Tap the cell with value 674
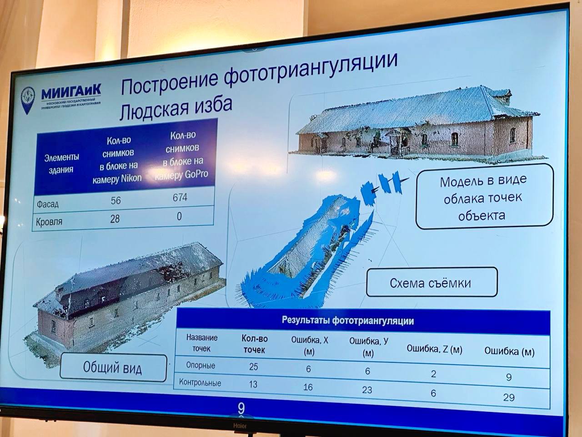tap(180, 198)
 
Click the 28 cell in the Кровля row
tap(115, 219)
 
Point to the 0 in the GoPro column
tap(179, 216)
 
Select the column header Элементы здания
tap(62, 163)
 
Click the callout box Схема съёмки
tap(431, 283)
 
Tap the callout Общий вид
tap(112, 367)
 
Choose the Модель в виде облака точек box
tap(484, 198)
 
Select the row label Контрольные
tap(200, 382)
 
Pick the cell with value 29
tap(509, 397)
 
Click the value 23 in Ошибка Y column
tap(366, 390)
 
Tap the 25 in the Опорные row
tap(253, 366)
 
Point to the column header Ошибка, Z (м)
tap(434, 350)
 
